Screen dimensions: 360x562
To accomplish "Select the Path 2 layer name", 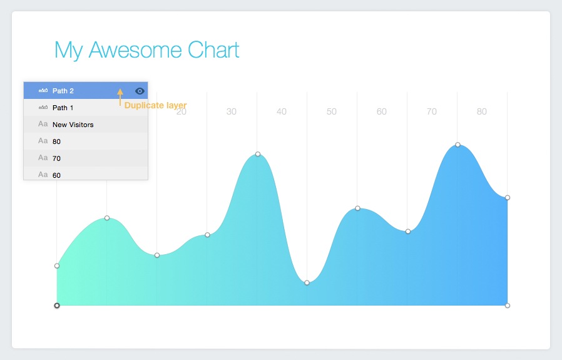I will [x=63, y=91].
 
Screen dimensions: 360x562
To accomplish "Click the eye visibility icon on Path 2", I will [x=140, y=91].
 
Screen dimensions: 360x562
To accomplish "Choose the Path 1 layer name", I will [x=63, y=108].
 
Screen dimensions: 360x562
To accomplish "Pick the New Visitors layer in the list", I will [x=73, y=125].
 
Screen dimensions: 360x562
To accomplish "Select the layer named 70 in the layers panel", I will [x=56, y=158].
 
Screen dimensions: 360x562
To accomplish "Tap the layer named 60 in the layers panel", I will [x=56, y=175].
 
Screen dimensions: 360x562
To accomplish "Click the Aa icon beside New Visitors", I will [x=43, y=124].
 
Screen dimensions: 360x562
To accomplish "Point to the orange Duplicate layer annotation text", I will [x=155, y=105].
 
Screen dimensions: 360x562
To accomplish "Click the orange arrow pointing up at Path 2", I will [x=120, y=97].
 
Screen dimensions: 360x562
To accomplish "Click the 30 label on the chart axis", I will [x=232, y=112].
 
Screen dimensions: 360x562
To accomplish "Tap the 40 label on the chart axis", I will [x=282, y=112].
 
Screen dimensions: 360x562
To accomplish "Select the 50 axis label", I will [x=332, y=112].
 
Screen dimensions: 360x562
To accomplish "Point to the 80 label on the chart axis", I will [x=481, y=112].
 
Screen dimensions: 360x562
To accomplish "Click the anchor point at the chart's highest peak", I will [x=457, y=145].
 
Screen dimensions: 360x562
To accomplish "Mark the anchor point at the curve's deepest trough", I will [x=307, y=283].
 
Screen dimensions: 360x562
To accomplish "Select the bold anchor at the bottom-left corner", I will [x=57, y=306].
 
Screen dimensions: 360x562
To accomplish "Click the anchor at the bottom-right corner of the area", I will [x=508, y=306].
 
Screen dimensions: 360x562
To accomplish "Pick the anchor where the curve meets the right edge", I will [x=508, y=198].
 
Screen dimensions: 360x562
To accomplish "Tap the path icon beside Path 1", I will [x=43, y=108].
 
